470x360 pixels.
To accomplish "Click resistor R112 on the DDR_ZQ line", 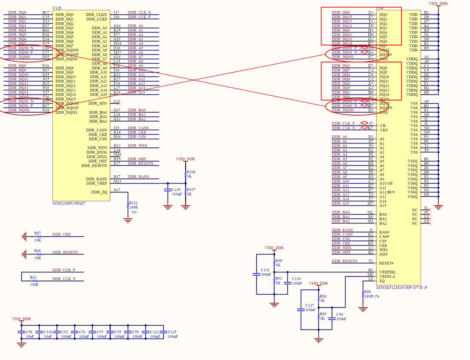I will (128, 206).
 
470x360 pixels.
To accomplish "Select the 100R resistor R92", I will (34, 281).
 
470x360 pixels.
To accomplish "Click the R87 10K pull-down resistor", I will (37, 236).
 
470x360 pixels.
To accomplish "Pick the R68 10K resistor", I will (37, 254).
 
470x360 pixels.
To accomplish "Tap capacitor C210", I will (168, 192).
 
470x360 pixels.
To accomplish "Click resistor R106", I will (186, 174).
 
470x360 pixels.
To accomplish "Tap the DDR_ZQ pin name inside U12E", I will (99, 192).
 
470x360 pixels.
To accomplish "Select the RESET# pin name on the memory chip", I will (387, 263).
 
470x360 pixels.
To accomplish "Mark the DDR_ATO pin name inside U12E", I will (98, 104).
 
